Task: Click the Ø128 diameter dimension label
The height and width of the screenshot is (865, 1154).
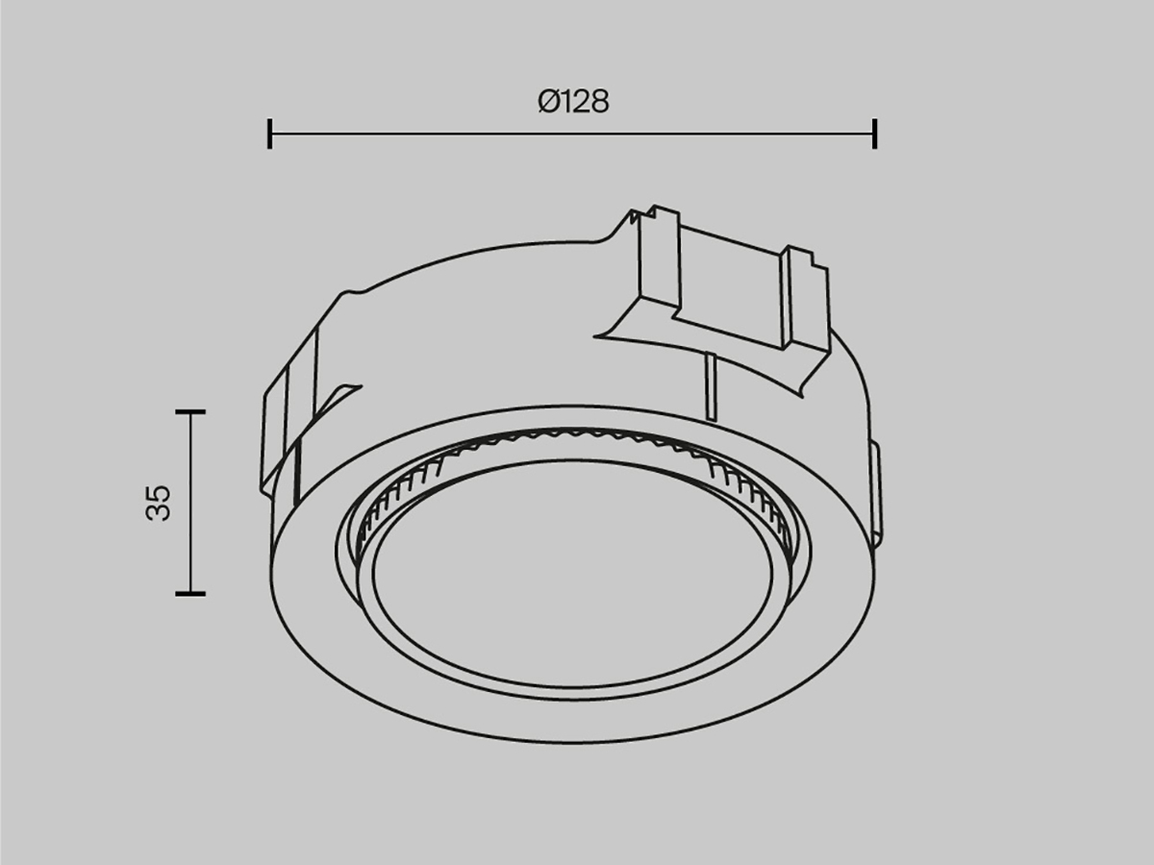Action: pyautogui.click(x=573, y=101)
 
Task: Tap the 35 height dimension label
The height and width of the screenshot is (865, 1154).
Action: pyautogui.click(x=158, y=503)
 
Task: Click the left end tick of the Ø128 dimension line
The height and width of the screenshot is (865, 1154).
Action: pyautogui.click(x=269, y=134)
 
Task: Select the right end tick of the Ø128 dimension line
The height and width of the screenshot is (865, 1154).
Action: pyautogui.click(x=874, y=134)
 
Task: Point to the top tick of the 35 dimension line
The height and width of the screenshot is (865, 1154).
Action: pyautogui.click(x=190, y=411)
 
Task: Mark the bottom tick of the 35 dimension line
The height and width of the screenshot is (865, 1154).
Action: pyautogui.click(x=190, y=593)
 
